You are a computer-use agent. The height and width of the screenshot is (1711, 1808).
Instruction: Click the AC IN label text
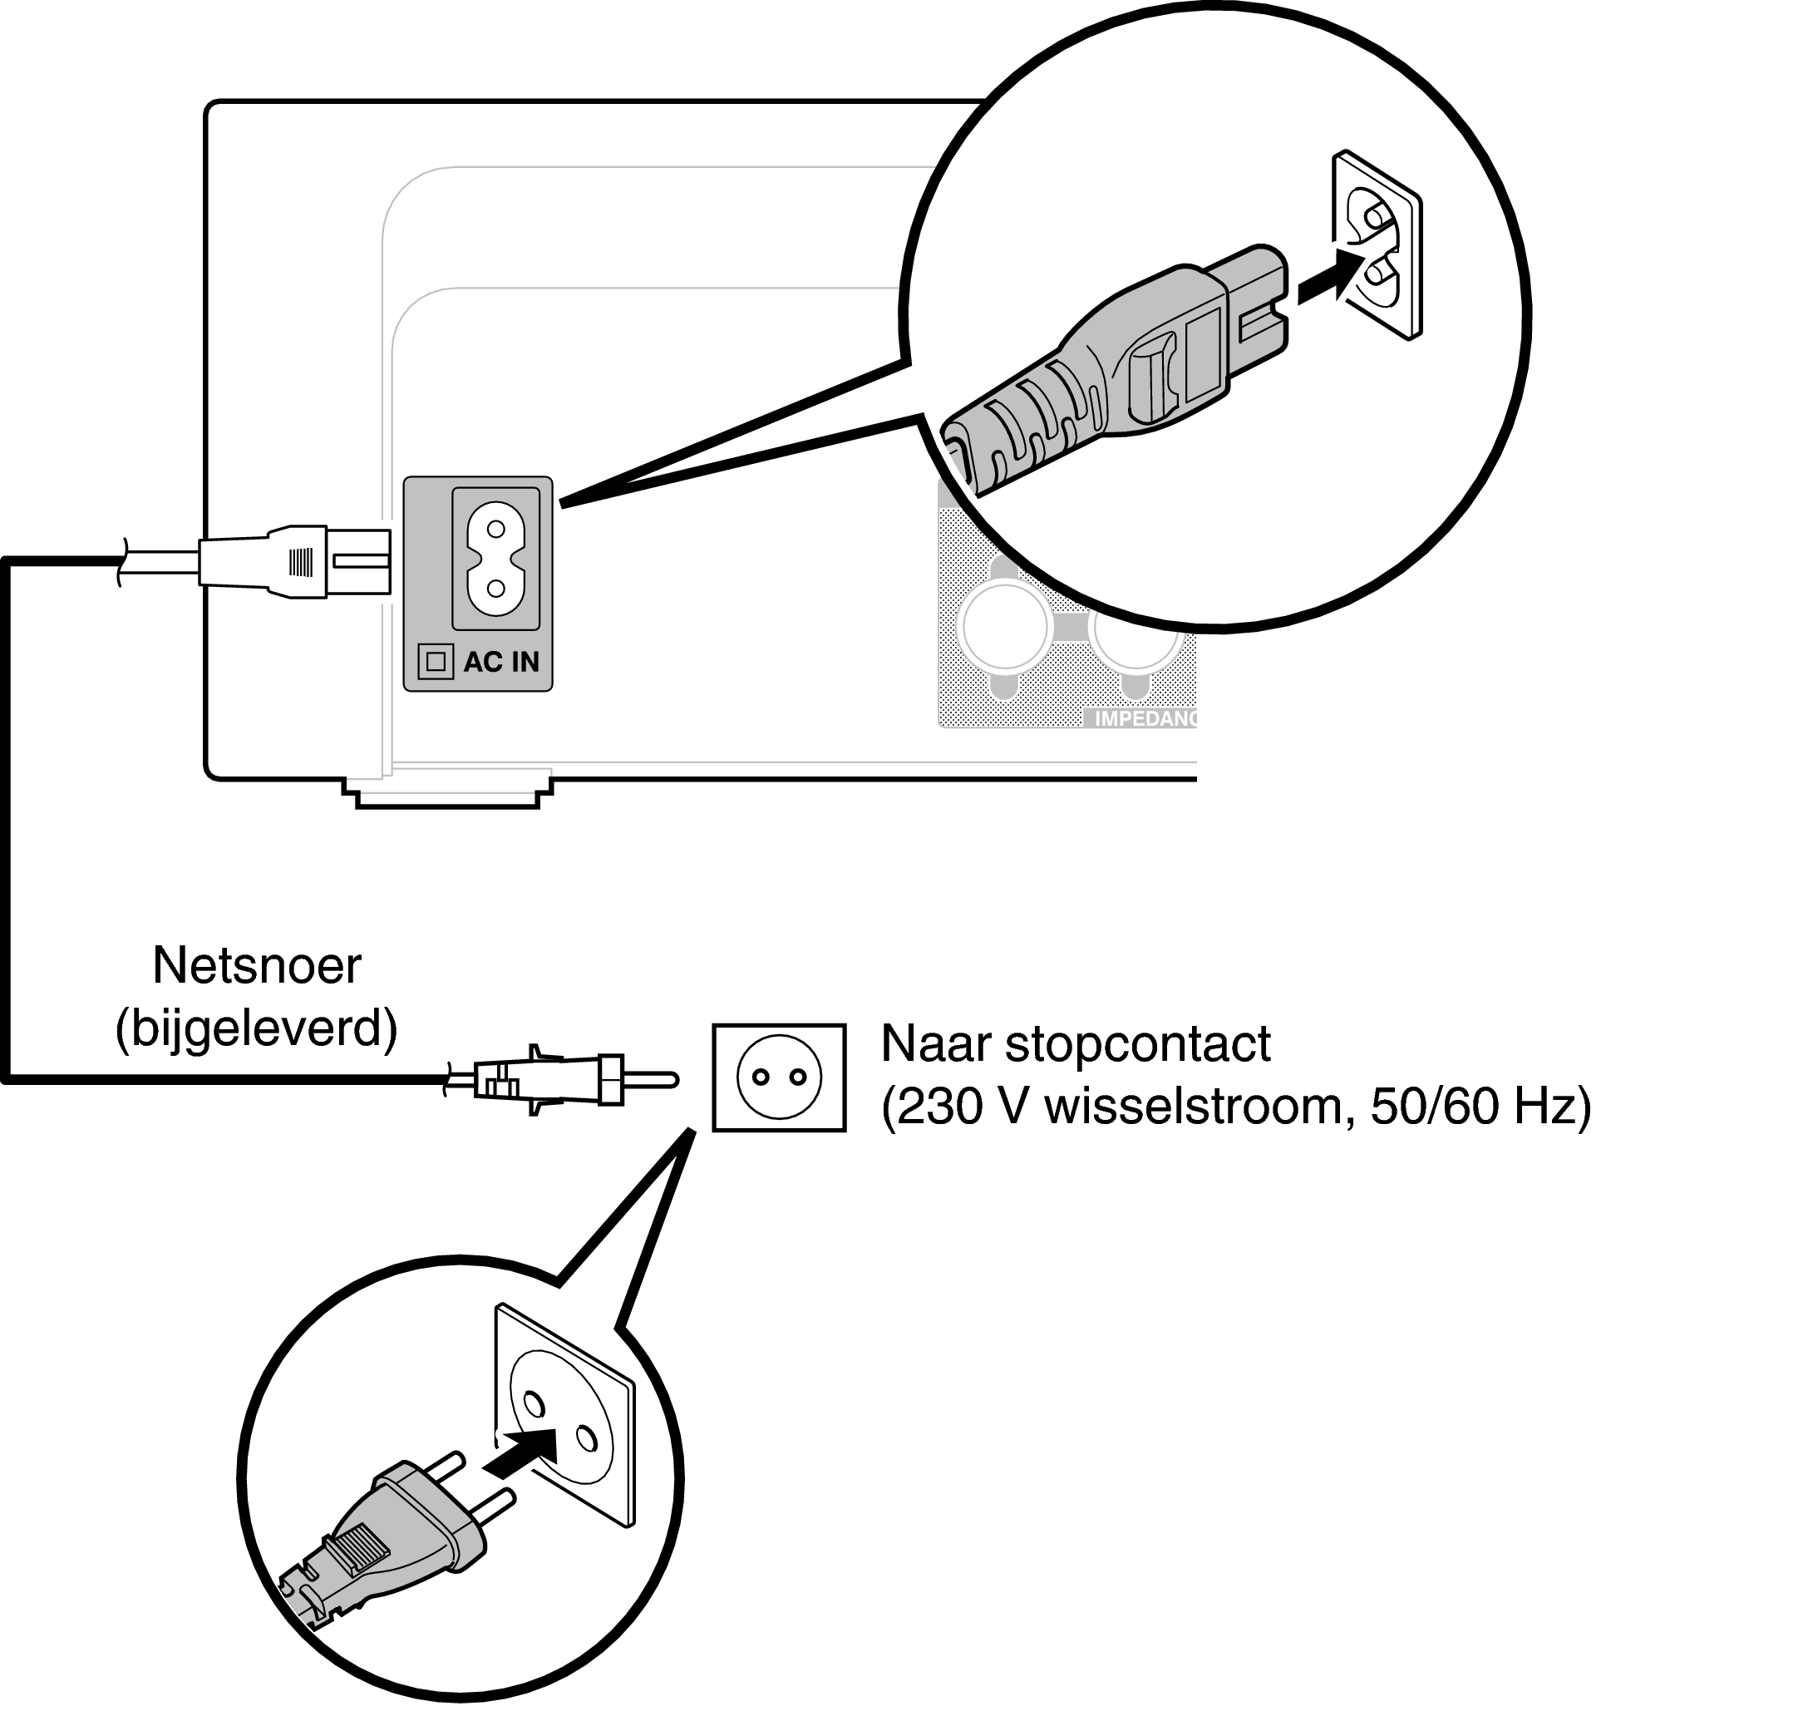(x=500, y=661)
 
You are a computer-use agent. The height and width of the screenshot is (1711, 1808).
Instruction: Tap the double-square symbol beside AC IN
(x=436, y=661)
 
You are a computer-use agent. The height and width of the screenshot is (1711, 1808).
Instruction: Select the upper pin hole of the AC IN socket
(x=496, y=529)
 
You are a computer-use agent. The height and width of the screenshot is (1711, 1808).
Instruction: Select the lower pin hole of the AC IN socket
(x=496, y=589)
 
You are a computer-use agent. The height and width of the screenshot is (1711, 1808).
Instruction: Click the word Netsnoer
(x=256, y=965)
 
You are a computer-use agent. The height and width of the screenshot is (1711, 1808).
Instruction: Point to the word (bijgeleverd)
(x=256, y=1028)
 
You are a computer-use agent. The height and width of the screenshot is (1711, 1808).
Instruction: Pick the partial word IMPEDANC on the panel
(x=1145, y=718)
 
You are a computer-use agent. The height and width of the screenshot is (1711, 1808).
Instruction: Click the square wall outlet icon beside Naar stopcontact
(x=779, y=1077)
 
